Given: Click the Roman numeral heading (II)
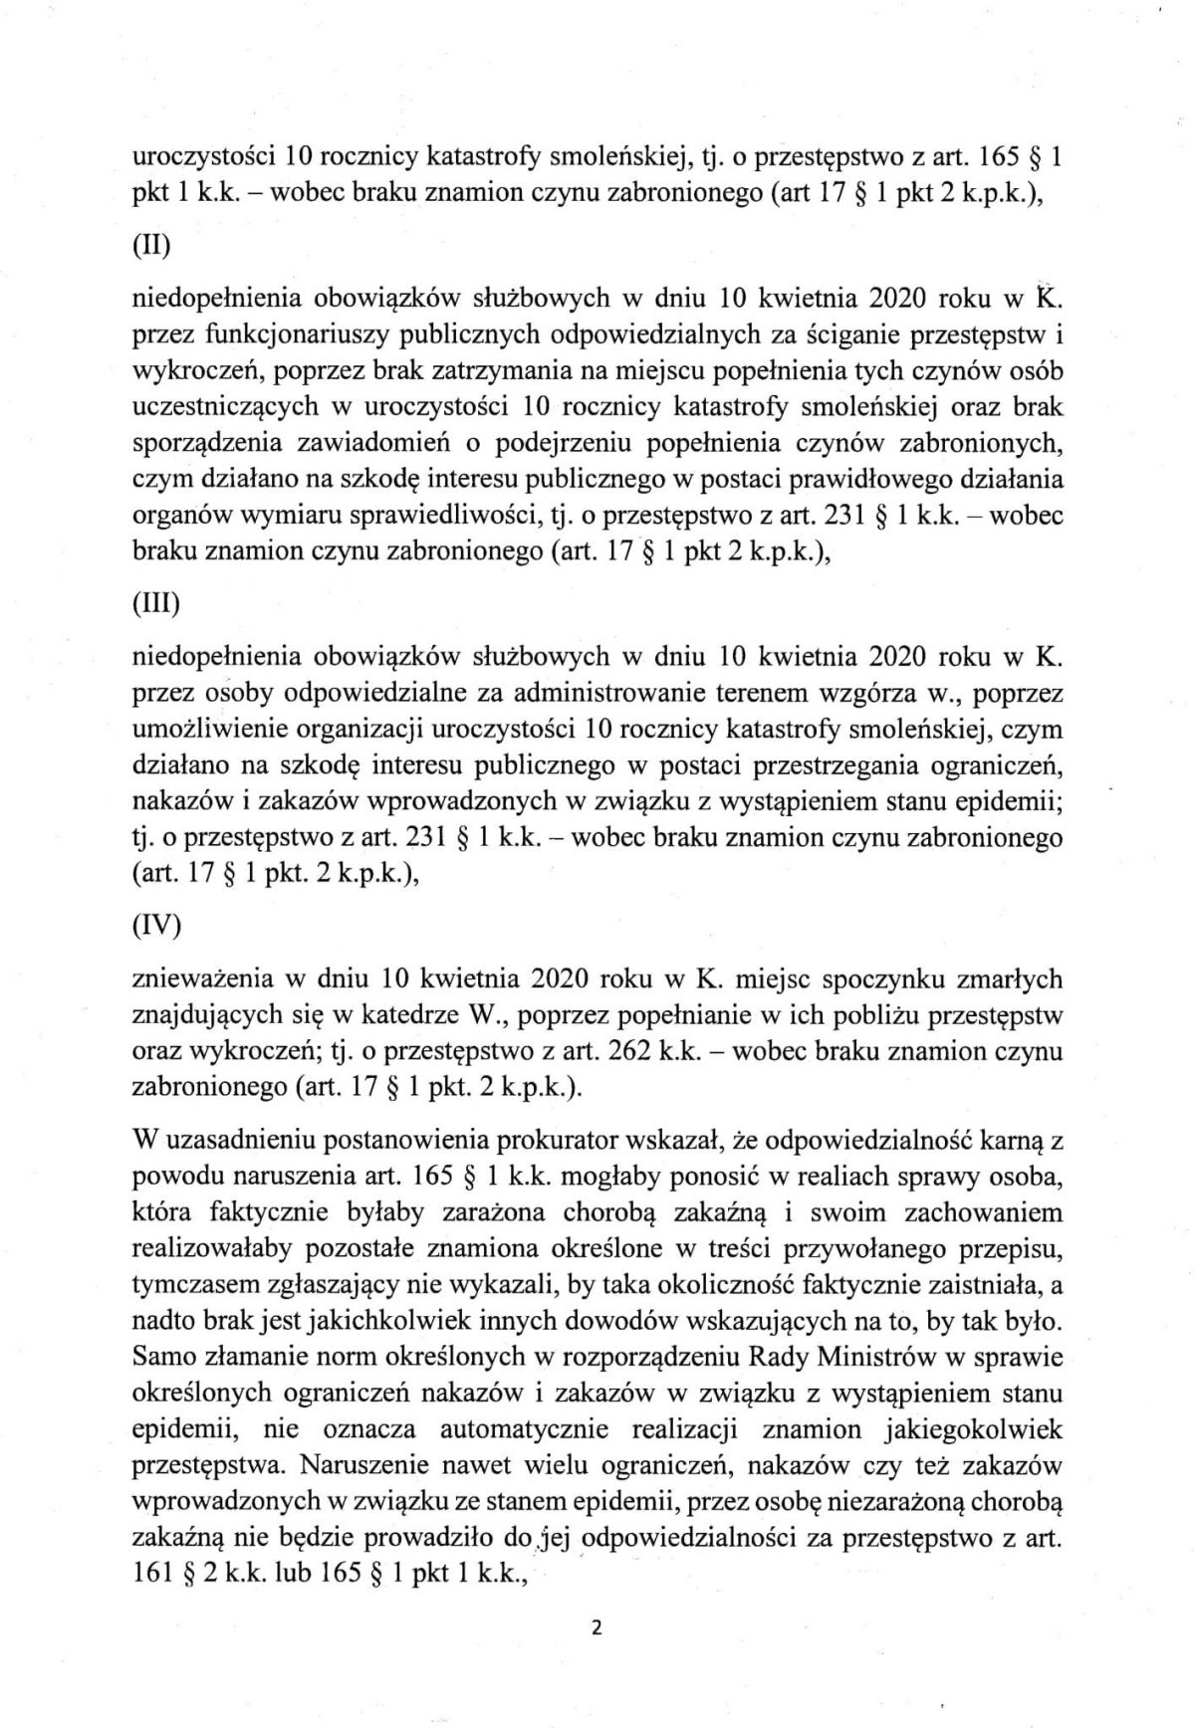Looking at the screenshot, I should (x=151, y=245).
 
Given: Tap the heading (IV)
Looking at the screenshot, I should (x=157, y=928).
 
